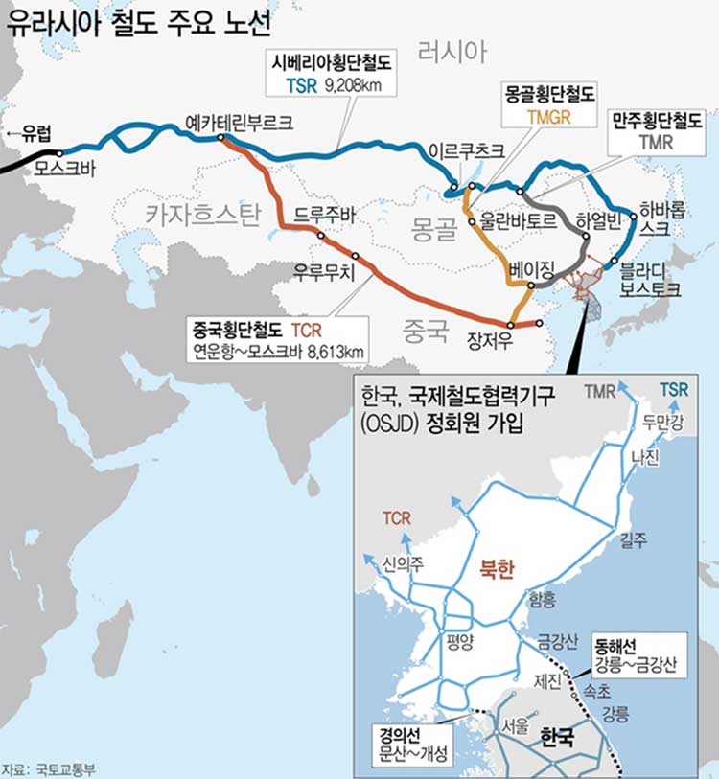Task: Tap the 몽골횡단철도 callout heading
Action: (549, 94)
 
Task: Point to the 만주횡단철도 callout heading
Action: (658, 122)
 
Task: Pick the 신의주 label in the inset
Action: (403, 562)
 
